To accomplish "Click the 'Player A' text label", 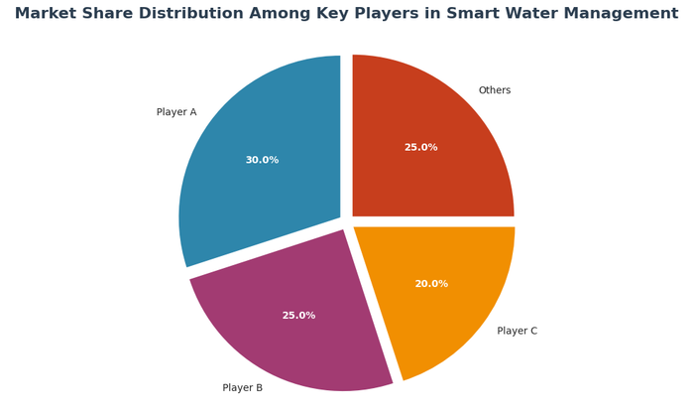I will [176, 112].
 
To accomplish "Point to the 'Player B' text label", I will [243, 388].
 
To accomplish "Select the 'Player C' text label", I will [517, 331].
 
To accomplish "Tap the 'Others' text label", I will [495, 90].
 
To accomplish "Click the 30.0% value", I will [262, 160].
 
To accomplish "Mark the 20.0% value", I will [431, 284].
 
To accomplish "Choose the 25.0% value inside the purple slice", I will [298, 316].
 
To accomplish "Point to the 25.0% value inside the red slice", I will [420, 148].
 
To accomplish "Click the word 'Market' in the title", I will [47, 14].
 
